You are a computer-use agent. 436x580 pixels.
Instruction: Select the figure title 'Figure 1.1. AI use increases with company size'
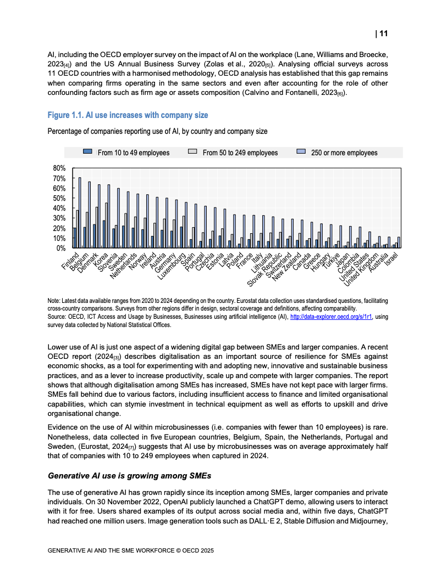[128, 115]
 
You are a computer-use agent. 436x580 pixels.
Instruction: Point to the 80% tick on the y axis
[58, 168]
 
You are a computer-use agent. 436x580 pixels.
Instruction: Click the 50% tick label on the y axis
[58, 198]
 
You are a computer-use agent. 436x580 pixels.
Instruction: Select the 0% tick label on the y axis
[59, 248]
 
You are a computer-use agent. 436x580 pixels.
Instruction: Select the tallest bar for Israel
[399, 242]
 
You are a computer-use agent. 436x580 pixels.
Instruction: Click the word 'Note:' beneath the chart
[54, 301]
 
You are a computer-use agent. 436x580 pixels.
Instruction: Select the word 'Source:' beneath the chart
[57, 317]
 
